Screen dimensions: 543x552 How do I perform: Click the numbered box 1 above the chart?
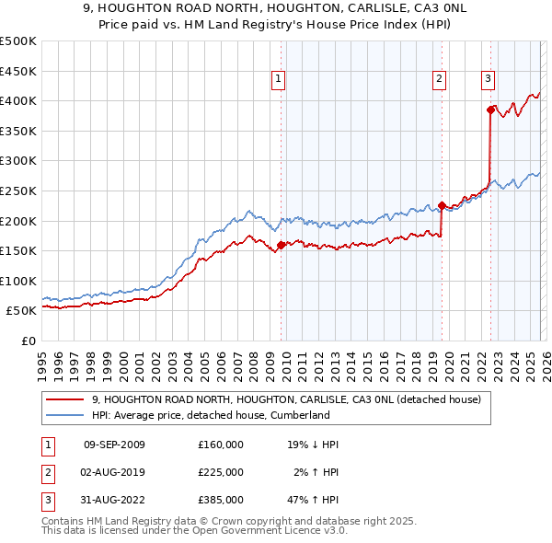coord(279,80)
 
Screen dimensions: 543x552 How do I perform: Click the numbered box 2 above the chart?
coord(440,80)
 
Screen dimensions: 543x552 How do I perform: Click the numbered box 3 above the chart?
coord(488,80)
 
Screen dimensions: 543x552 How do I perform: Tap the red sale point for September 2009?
coord(281,245)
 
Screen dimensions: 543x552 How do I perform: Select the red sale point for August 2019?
coord(443,205)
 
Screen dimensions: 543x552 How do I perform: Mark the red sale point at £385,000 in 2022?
coord(491,110)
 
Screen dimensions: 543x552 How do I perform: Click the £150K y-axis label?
coord(18,250)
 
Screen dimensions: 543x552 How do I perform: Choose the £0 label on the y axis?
coord(26,341)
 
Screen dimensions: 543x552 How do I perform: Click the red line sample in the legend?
coord(66,400)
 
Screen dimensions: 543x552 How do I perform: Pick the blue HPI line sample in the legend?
coord(66,416)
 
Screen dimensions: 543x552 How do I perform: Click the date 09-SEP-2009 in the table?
coord(114,445)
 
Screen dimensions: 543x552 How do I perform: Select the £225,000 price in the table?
coord(221,472)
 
